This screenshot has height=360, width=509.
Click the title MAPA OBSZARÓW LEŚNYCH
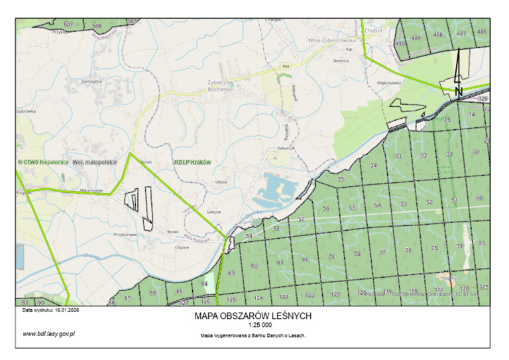253,316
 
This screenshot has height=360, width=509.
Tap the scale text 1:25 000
253,326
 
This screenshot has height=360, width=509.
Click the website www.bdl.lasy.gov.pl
48,333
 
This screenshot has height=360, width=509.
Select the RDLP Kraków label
192,162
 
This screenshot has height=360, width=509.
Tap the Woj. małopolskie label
94,162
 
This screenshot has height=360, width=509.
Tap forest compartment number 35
341,179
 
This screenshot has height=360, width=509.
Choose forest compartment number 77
382,252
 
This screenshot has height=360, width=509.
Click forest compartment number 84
204,284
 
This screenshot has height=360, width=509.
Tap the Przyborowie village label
125,234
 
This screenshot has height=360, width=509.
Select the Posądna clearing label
445,278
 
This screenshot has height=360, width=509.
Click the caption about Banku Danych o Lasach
253,336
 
